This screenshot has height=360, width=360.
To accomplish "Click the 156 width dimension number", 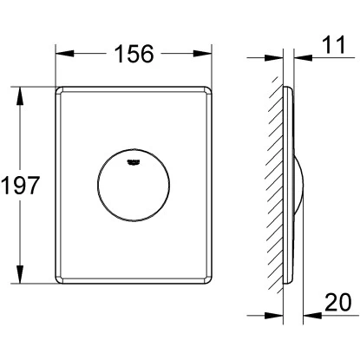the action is click(134, 54).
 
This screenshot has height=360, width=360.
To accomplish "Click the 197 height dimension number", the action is click(20, 186).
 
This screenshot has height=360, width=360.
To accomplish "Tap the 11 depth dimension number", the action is click(333, 45).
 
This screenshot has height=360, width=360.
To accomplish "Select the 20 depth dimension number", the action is click(338, 302).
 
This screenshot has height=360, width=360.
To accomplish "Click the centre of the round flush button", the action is click(134, 185).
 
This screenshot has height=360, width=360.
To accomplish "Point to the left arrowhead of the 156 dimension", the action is click(64, 54).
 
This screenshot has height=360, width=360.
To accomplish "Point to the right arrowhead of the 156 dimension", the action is click(202, 54).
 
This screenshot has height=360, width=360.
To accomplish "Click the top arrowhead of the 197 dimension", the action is click(20, 96).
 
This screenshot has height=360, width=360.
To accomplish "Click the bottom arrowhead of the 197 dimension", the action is click(20, 274).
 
